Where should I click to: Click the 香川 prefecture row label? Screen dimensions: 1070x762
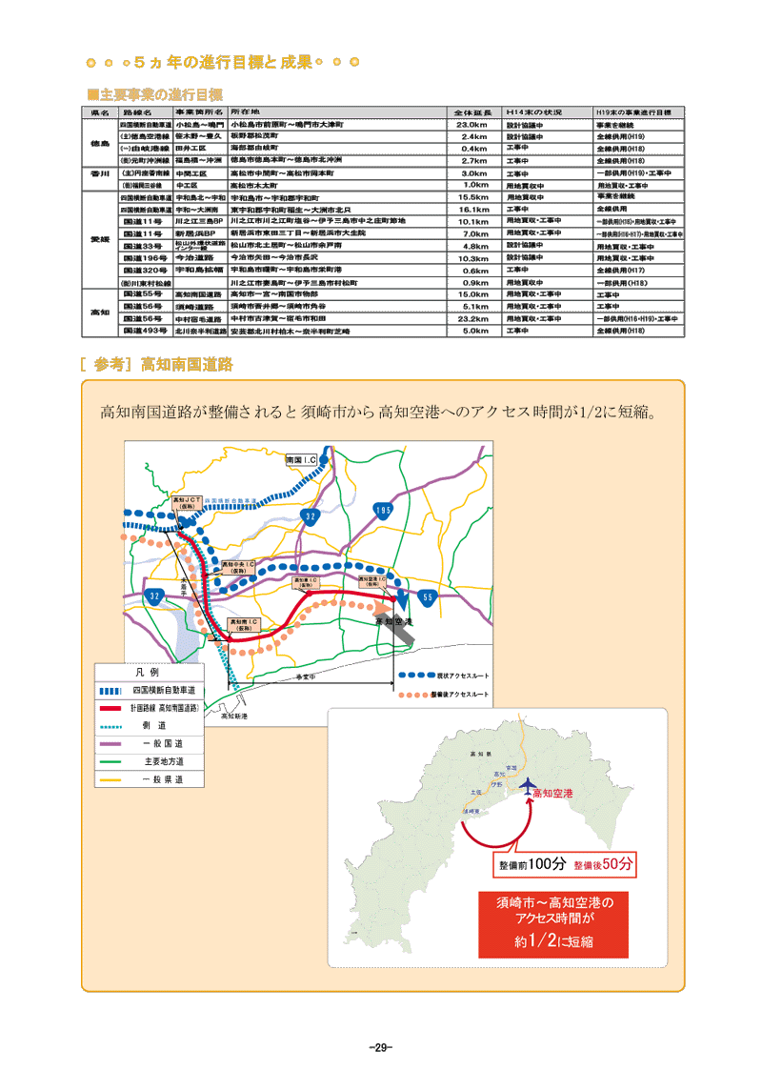click(100, 174)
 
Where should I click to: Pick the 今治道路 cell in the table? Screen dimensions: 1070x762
click(199, 258)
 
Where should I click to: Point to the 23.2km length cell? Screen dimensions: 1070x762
click(473, 318)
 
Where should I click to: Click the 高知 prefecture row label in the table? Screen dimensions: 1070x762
click(100, 313)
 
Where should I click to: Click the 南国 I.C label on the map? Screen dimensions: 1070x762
click(308, 459)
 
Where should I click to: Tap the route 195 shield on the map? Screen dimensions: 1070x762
click(383, 511)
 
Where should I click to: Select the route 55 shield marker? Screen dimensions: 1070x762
click(428, 596)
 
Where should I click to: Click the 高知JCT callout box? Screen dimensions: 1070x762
click(184, 502)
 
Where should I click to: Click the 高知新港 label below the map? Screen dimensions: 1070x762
click(233, 716)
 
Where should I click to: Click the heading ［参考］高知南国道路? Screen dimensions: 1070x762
click(157, 364)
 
